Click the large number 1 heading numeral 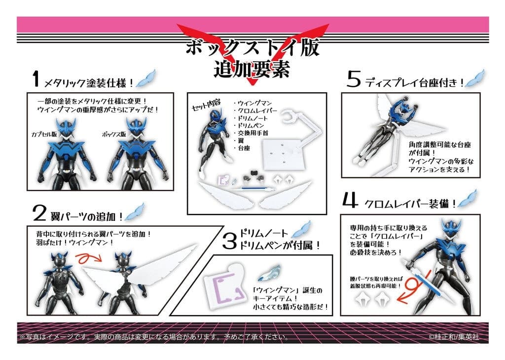[x=36, y=79]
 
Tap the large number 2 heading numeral [x=39, y=214]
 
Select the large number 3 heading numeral [x=230, y=241]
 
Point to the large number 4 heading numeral [x=350, y=200]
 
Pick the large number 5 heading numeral [x=353, y=79]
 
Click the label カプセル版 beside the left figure [x=44, y=134]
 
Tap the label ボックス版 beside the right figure [x=114, y=134]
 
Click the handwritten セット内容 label [x=206, y=105]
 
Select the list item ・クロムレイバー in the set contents [x=255, y=111]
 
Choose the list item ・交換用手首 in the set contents [x=251, y=133]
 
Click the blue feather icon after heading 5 [x=475, y=78]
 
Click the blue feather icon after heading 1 [x=146, y=78]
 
